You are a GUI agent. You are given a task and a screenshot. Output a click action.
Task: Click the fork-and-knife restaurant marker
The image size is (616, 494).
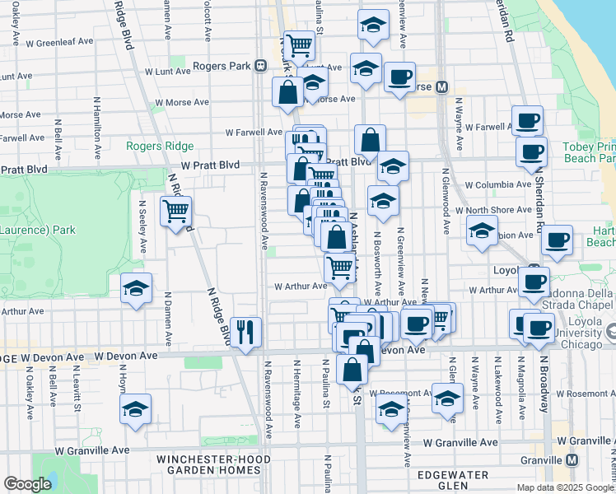click(246, 333)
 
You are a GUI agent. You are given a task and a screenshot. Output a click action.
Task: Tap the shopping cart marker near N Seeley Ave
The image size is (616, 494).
click(176, 212)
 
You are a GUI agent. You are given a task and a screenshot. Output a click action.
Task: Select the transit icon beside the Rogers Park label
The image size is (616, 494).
click(260, 65)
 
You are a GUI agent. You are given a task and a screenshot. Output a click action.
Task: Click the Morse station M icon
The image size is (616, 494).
click(441, 86)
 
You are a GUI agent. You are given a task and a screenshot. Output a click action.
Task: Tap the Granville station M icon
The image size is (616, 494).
click(572, 459)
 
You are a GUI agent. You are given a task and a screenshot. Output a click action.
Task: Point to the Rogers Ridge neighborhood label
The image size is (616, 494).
click(160, 146)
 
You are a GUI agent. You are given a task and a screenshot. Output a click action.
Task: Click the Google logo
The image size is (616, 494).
click(27, 484)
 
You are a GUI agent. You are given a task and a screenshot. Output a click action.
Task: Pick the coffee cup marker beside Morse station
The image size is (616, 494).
click(400, 78)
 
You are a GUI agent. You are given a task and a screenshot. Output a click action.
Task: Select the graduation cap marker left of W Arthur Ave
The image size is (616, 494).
click(136, 289)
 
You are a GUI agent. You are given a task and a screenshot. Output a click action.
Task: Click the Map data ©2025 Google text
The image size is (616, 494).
click(564, 487)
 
